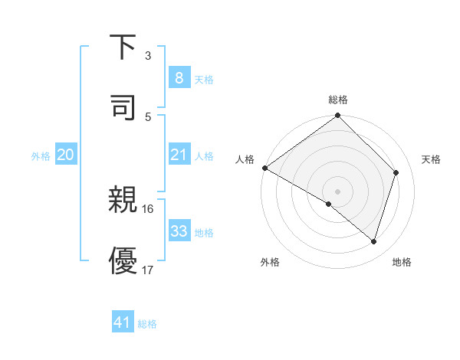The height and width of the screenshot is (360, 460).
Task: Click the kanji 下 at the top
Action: [x=123, y=47]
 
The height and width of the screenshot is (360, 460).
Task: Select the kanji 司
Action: [x=123, y=106]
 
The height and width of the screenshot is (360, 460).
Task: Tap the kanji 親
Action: [x=123, y=201]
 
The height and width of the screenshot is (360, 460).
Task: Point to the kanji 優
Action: [x=123, y=260]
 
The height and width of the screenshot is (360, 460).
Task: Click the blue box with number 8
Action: [x=179, y=77]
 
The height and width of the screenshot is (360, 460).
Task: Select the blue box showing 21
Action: [x=179, y=155]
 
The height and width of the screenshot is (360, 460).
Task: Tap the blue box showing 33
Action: [x=179, y=231]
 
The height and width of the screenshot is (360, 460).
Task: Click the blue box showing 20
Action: [x=65, y=155]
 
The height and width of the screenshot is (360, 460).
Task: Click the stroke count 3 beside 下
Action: [x=148, y=56]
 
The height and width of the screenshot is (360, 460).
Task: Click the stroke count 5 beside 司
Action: [x=148, y=116]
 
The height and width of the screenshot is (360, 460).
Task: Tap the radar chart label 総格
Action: [x=337, y=100]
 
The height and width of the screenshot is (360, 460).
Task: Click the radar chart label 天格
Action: [x=432, y=159]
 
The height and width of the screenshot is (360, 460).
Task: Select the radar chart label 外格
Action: [x=270, y=263]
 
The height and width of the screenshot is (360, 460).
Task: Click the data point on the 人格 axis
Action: [x=264, y=168]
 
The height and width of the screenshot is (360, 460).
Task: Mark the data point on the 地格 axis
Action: [x=374, y=241]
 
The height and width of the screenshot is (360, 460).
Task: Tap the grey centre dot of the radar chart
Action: [x=337, y=191]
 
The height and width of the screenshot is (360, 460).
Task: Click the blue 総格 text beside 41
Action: [x=147, y=324]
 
